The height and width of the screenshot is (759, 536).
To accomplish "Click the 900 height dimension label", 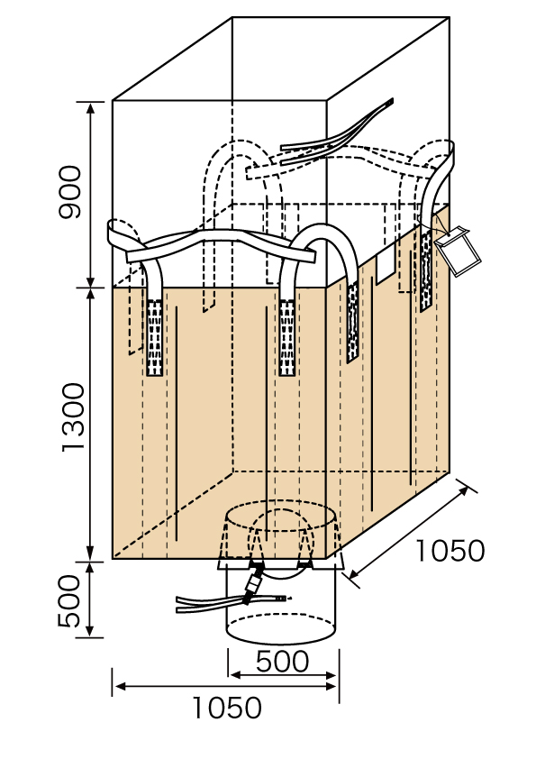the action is [70, 192].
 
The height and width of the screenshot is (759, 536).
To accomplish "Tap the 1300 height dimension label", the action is [73, 417].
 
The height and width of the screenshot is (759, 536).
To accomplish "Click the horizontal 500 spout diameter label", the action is [282, 662].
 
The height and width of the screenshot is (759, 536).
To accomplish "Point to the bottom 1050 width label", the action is [227, 708].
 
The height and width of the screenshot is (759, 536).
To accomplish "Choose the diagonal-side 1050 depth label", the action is [450, 551].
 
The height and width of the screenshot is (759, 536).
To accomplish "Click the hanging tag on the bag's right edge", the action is [457, 250].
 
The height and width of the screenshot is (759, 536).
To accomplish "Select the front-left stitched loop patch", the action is [154, 337].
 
